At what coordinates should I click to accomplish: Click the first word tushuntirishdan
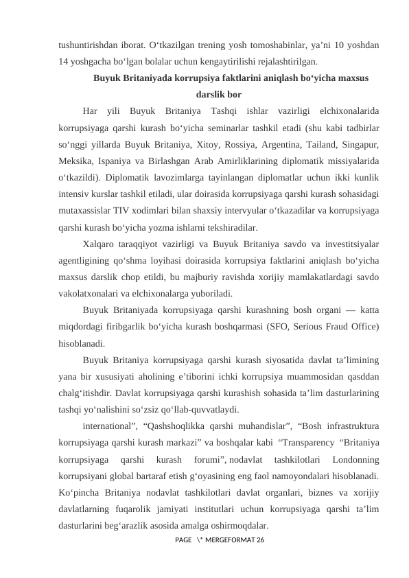82,45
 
